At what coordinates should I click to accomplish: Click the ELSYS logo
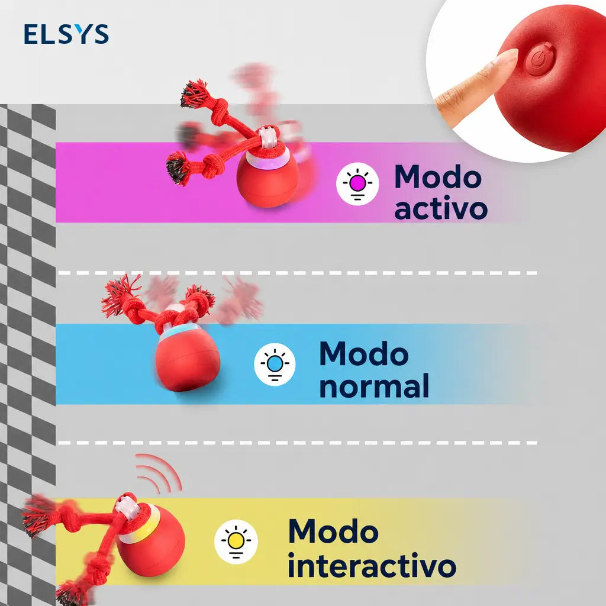click(x=66, y=34)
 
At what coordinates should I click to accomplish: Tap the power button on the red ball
click(x=539, y=60)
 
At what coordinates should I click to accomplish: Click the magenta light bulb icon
click(x=357, y=183)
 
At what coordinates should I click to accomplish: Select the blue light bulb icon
click(x=275, y=364)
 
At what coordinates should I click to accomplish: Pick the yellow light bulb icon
click(x=236, y=541)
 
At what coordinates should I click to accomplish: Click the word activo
click(x=440, y=209)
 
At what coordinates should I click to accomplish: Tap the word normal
click(x=374, y=386)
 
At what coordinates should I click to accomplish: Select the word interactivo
click(x=372, y=565)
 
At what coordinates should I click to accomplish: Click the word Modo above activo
click(x=438, y=176)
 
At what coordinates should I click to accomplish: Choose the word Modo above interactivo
click(x=333, y=531)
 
